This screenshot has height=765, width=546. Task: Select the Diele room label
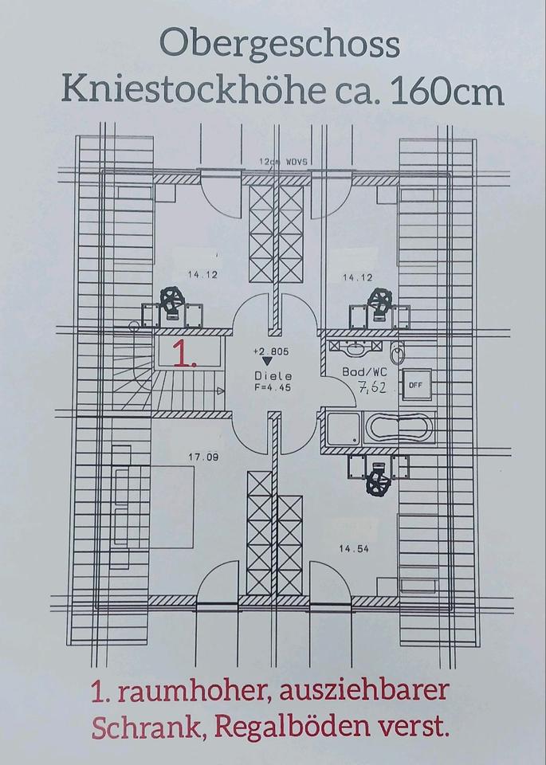click(273, 376)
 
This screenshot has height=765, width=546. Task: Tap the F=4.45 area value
click(273, 388)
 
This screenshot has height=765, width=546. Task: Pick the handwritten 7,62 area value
click(372, 389)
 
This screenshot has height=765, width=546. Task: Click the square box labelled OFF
click(414, 385)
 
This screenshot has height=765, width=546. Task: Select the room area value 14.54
click(354, 548)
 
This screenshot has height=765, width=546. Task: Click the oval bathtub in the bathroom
click(399, 429)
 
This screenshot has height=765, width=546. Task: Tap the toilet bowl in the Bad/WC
click(398, 353)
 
